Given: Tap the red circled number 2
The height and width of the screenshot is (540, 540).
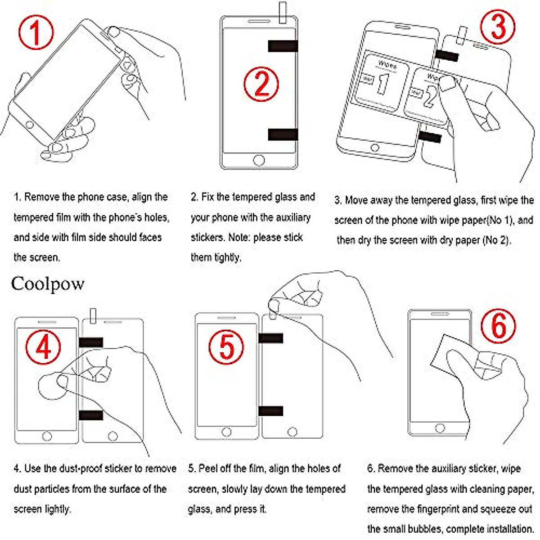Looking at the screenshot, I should click(261, 84).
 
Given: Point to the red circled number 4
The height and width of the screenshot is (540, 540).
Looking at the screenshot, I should click(43, 347).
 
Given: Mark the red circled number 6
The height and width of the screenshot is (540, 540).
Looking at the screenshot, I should click(499, 326).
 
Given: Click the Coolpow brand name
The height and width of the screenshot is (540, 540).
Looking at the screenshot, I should click(48, 284).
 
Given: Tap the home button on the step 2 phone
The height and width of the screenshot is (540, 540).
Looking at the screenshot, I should click(259, 160).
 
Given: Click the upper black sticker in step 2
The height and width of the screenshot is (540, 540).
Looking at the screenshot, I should click(283, 46).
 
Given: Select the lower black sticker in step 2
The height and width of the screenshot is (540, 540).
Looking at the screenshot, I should click(283, 134).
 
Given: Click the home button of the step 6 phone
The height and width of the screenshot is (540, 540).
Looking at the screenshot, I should click(440, 428).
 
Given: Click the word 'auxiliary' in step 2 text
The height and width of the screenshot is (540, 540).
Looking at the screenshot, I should click(293, 218).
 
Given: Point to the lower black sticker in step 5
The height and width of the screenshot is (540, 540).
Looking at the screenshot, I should click(270, 411).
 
